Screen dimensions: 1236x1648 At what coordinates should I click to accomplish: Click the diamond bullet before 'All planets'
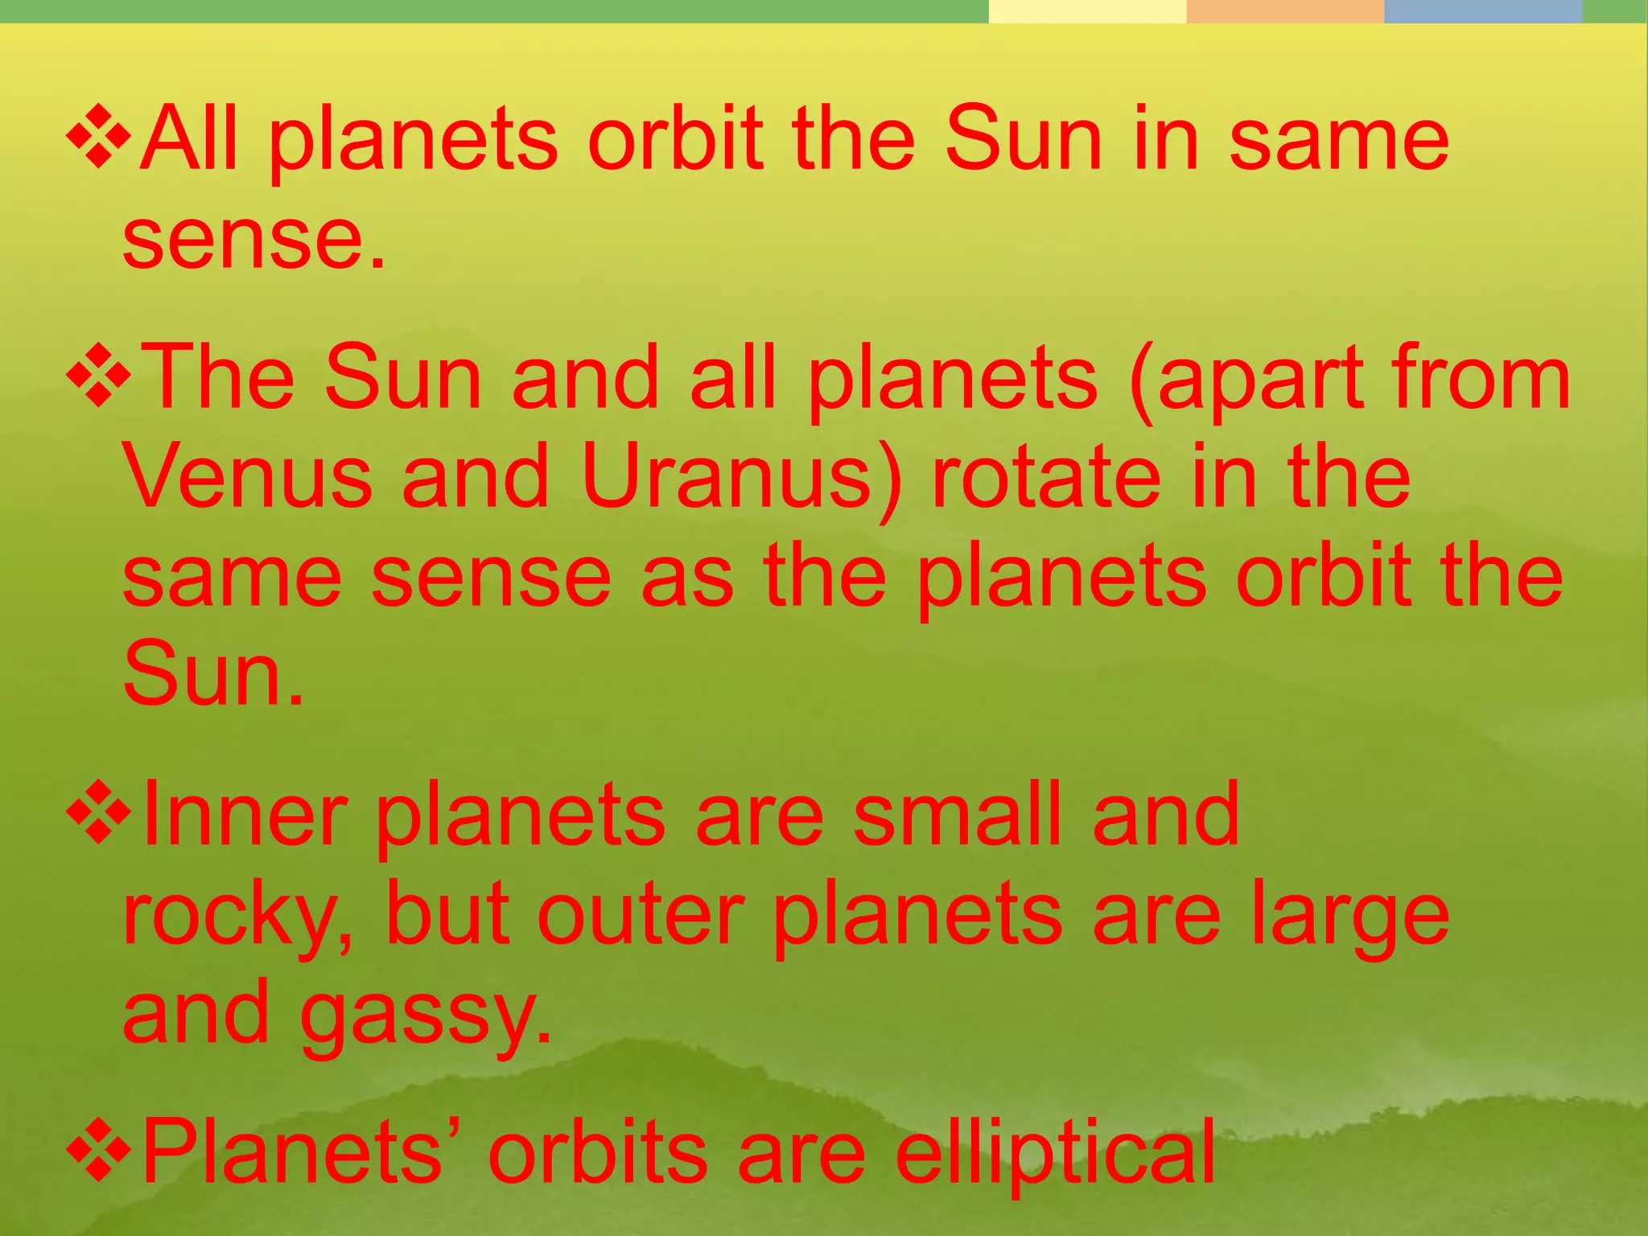pos(98,138)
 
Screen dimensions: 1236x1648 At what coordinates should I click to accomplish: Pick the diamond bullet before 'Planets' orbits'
pos(98,1152)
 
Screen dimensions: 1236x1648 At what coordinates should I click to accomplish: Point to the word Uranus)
pos(741,479)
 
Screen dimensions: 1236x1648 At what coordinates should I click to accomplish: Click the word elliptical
pos(1055,1155)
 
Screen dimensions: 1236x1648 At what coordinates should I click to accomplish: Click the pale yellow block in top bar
pos(1086,11)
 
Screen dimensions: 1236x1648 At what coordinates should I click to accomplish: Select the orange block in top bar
pos(1284,11)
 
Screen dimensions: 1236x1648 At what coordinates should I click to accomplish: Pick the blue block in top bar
pos(1482,11)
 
